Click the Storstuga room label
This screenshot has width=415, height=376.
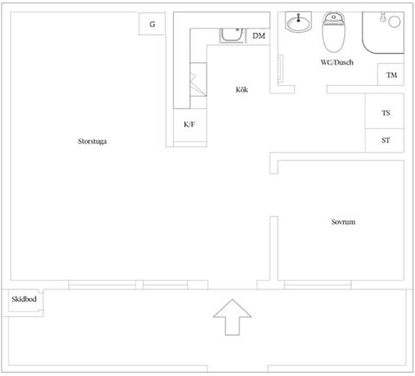tap(93, 141)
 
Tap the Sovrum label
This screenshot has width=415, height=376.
tap(343, 222)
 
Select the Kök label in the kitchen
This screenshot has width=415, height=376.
tap(242, 89)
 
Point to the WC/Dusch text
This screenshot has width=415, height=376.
tap(337, 62)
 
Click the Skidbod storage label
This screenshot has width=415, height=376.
tap(24, 299)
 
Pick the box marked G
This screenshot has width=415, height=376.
tap(152, 24)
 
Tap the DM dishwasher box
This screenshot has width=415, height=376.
tap(259, 36)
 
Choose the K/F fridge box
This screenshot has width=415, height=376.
tap(190, 125)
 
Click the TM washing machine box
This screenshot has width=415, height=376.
tap(391, 75)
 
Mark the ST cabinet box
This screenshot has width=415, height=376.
tap(385, 140)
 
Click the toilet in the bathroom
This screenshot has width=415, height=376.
tap(334, 32)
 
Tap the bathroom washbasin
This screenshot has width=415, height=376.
tap(298, 22)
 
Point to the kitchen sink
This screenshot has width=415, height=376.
tap(232, 36)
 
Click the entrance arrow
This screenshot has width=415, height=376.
tap(233, 317)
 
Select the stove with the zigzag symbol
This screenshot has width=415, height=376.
tap(198, 80)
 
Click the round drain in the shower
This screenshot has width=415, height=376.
tap(394, 22)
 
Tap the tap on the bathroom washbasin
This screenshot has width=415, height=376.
tap(298, 17)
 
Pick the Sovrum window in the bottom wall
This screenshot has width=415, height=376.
tap(317, 285)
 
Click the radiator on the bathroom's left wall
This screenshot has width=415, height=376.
tap(280, 68)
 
